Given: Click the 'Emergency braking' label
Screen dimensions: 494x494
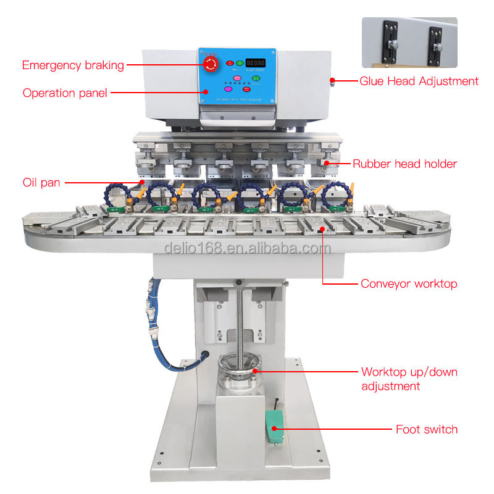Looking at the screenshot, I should [x=73, y=65].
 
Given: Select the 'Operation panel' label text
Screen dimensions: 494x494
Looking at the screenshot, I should [x=65, y=93].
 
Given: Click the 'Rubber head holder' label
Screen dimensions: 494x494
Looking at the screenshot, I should [x=404, y=164].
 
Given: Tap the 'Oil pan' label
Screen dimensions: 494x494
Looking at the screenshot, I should [x=41, y=182].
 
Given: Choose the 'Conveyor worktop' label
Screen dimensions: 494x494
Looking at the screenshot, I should [x=409, y=284].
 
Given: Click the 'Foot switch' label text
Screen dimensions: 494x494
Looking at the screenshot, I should [x=427, y=429].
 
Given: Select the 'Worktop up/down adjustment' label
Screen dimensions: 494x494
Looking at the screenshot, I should [x=409, y=379].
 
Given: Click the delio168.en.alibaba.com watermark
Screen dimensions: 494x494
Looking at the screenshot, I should [x=248, y=248].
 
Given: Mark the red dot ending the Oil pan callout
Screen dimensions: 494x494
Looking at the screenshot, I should [x=141, y=182].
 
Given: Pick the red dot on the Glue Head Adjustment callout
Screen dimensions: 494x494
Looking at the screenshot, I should [x=332, y=81].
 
